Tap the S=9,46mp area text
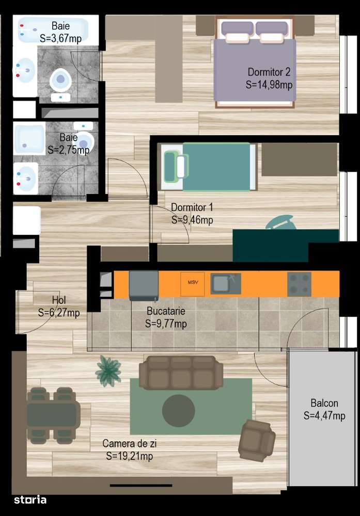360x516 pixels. pos(192,220)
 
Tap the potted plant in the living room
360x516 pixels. pos(108,370)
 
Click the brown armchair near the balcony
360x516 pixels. pos(257,440)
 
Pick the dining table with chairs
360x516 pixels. pos(53,415)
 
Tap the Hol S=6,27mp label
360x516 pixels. pos(58,307)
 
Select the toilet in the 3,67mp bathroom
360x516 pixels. pos(60,80)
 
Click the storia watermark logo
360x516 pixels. pos(30,499)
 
